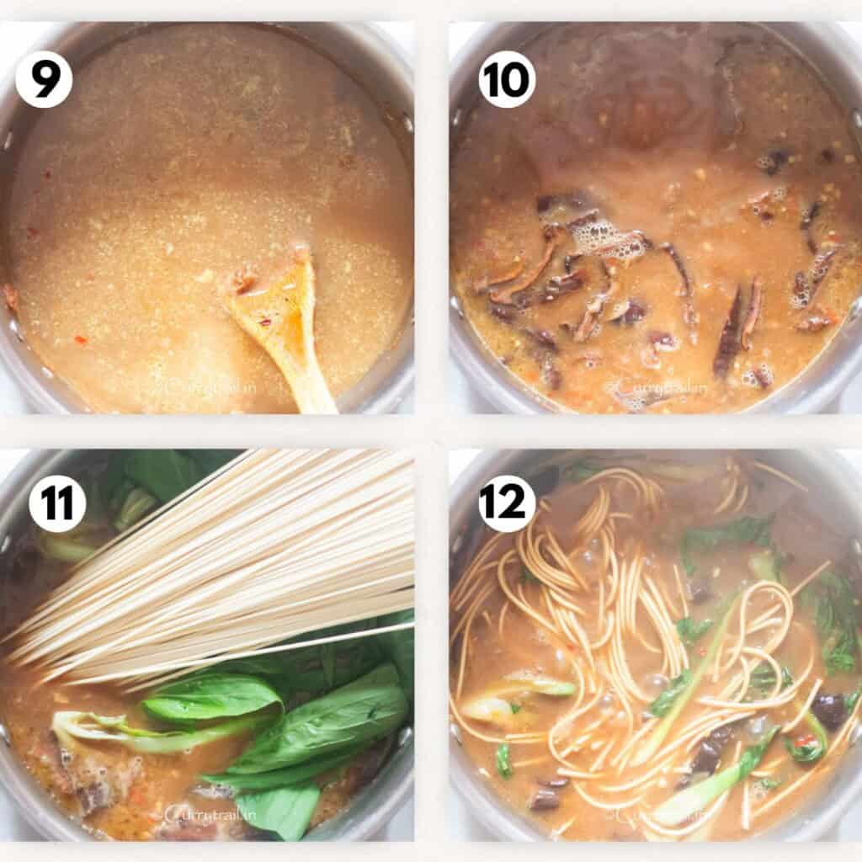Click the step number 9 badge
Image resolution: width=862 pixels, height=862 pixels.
[44, 79]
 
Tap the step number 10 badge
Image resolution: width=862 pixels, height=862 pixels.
[508, 79]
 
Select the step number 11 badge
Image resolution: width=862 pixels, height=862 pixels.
[57, 503]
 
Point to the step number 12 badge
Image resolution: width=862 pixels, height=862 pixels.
[508, 503]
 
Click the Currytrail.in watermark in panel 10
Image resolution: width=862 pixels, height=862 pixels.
[652, 389]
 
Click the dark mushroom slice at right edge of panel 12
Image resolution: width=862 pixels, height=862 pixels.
[830, 711]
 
